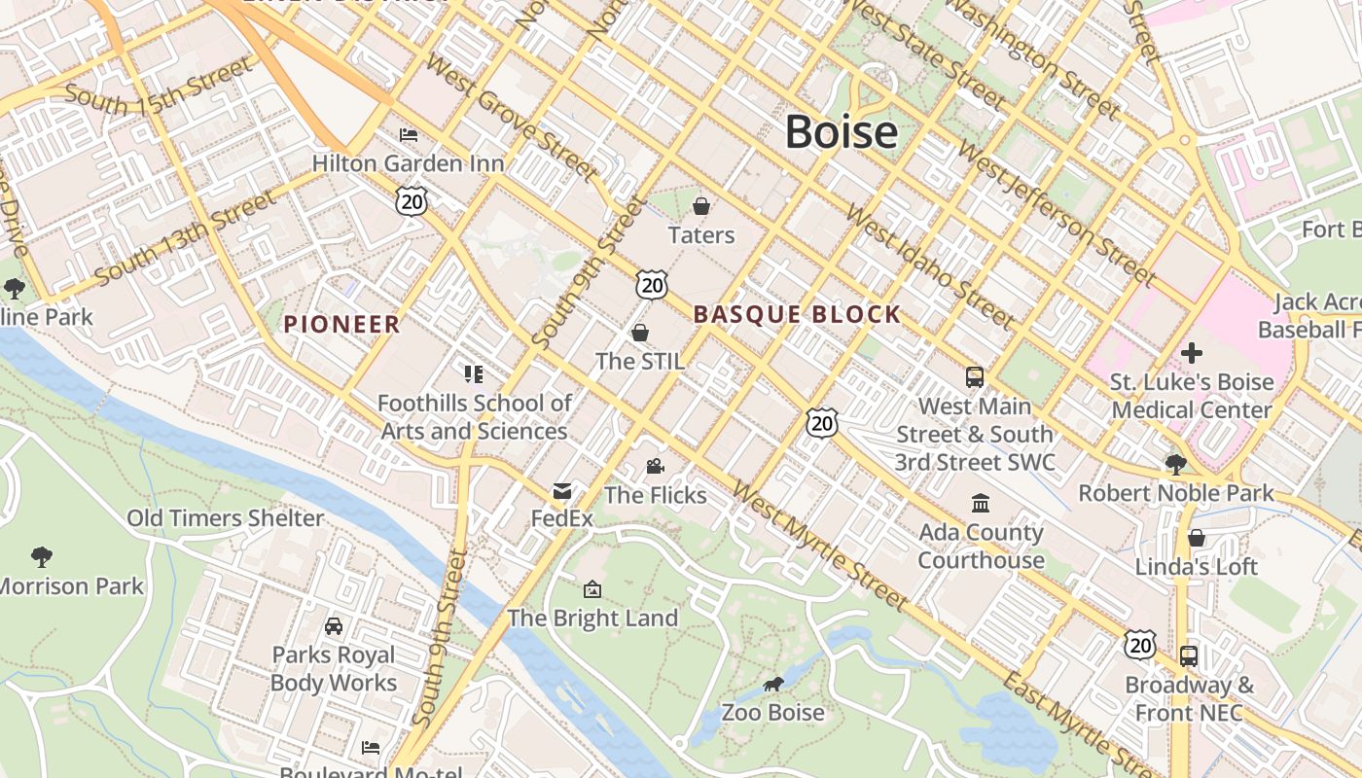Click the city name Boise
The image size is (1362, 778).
click(841, 132)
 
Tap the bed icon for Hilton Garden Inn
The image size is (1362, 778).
click(409, 134)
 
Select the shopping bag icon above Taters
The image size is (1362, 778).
click(700, 206)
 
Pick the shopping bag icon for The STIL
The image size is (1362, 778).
click(640, 333)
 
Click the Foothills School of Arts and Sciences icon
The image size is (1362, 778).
click(474, 374)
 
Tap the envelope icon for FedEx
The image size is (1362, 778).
click(562, 491)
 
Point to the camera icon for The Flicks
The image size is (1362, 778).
click(655, 467)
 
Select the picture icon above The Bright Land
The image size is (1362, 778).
click(591, 589)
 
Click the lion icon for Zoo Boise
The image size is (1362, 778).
click(773, 685)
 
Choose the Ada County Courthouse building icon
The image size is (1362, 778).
click(981, 504)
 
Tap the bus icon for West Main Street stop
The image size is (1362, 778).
click(974, 377)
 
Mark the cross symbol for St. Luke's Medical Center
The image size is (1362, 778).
click(1192, 353)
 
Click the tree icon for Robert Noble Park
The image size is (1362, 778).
click(1175, 465)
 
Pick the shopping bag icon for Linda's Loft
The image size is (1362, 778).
click(1197, 538)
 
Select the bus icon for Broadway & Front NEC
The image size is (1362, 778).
click(1189, 656)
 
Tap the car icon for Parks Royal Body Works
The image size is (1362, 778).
click(334, 626)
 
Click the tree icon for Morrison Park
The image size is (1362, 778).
click(41, 557)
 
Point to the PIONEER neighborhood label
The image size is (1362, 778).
click(341, 325)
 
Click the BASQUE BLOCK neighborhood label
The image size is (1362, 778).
click(797, 314)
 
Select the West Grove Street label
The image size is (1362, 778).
click(511, 118)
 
